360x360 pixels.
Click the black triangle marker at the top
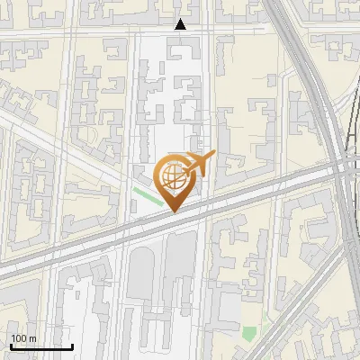click(181, 24)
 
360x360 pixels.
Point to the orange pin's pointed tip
click(173, 211)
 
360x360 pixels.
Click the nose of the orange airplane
click(213, 155)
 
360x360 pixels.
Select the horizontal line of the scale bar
click(41, 346)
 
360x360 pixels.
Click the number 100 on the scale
click(20, 338)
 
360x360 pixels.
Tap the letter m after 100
click(32, 339)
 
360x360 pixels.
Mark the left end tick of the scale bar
click(11, 344)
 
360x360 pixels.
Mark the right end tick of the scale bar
click(72, 344)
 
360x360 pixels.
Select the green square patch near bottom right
click(249, 334)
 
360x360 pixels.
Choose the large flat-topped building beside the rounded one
click(179, 270)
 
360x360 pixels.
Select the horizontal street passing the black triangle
click(135, 32)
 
